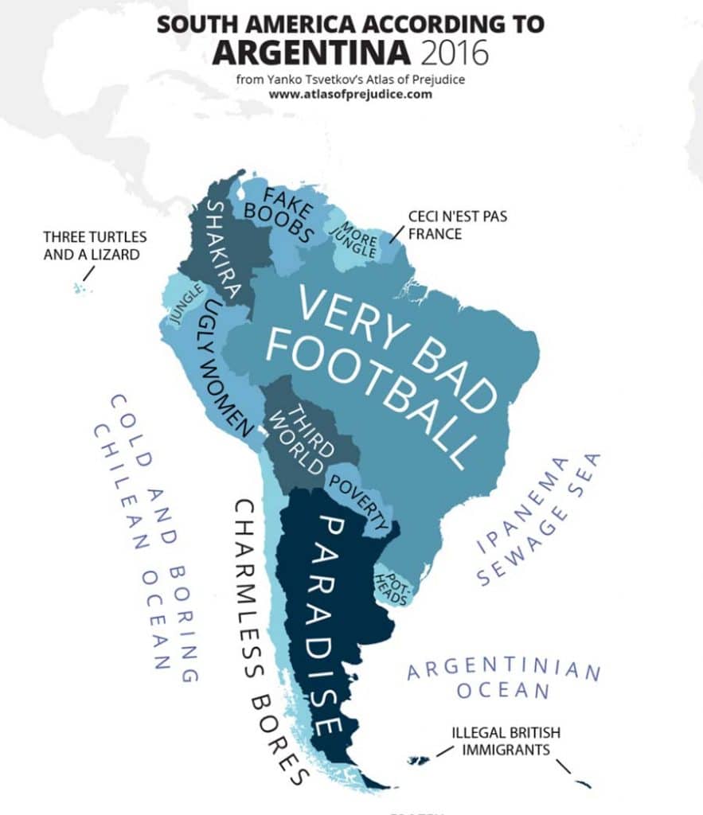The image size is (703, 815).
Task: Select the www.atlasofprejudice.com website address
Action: click(350, 93)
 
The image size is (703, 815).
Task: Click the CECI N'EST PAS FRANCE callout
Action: click(435, 224)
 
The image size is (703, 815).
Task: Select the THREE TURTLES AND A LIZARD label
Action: click(95, 246)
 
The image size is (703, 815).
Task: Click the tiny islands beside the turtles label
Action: click(80, 287)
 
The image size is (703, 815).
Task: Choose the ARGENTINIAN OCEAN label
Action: click(502, 679)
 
